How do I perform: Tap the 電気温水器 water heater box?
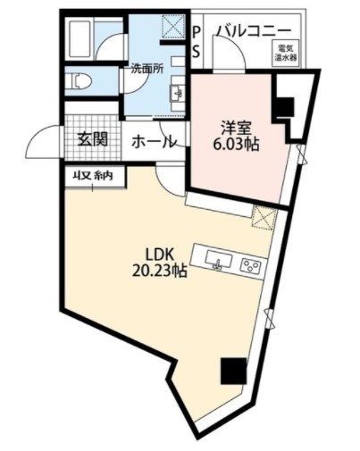(x=286, y=54)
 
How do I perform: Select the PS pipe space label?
(x=197, y=41)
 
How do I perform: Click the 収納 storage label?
(x=92, y=176)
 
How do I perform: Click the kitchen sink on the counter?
(x=220, y=261)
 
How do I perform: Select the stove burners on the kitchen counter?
(x=251, y=264)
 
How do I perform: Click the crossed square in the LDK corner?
(x=264, y=217)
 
